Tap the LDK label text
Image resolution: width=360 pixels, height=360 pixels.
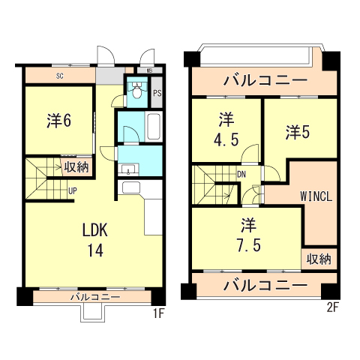(x=95, y=229)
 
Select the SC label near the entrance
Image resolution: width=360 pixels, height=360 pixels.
(x=58, y=76)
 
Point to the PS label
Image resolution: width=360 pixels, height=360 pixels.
(x=157, y=94)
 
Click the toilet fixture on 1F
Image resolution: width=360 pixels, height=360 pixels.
(x=136, y=91)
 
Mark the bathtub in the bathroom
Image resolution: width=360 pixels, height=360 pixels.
(x=153, y=126)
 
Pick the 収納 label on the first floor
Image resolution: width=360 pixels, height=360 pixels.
(x=76, y=166)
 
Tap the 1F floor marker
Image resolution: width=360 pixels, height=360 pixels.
(x=158, y=313)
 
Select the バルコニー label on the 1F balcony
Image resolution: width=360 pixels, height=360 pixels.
(x=95, y=298)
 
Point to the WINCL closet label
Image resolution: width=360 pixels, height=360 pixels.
(x=316, y=196)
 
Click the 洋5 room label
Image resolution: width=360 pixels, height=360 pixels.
(x=297, y=132)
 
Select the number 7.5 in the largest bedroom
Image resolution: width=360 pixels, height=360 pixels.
(x=247, y=244)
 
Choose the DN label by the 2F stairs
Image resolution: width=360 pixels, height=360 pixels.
(x=241, y=175)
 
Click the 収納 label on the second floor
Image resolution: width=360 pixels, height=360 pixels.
(x=319, y=259)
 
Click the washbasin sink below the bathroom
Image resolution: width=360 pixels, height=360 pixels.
(x=127, y=167)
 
